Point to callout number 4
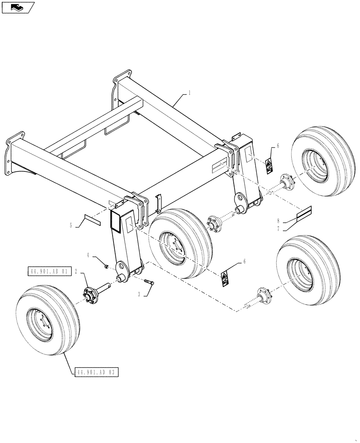point(88,255)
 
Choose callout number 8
point(278,220)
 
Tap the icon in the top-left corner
point(17,7)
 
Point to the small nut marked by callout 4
point(106,266)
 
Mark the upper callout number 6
point(278,145)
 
